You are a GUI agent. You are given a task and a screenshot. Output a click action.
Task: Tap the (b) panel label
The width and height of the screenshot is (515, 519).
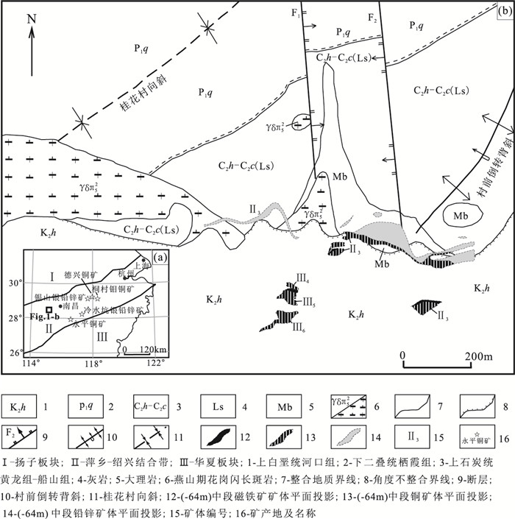point(505,10)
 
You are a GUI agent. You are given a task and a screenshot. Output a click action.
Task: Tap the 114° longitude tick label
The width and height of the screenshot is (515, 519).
point(32,362)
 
